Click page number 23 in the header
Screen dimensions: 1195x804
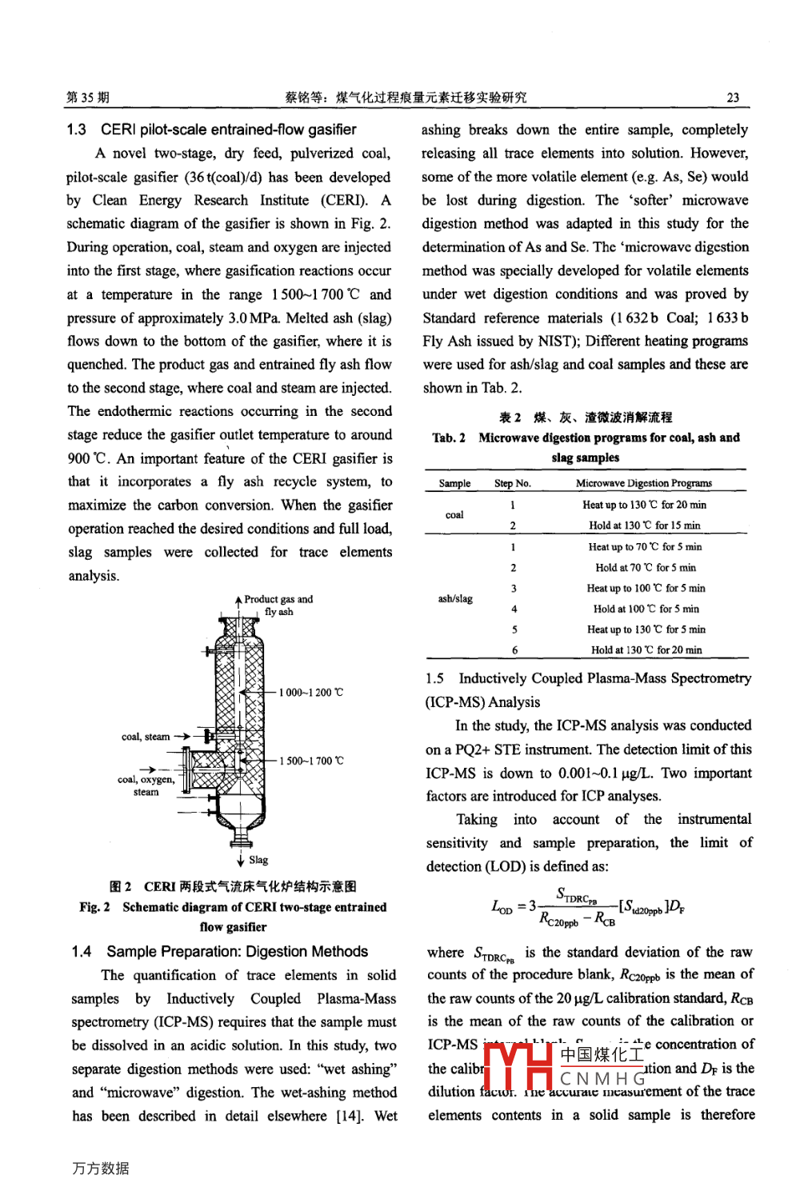click(732, 98)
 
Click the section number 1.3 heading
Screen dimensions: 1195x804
click(77, 130)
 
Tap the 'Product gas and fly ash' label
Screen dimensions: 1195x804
click(278, 605)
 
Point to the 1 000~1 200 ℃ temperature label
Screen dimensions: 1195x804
click(311, 692)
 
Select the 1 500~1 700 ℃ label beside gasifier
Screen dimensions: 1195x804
click(311, 761)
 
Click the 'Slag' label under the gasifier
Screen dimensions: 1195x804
click(258, 860)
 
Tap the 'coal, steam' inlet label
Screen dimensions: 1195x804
click(145, 737)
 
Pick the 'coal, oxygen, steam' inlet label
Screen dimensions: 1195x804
click(146, 785)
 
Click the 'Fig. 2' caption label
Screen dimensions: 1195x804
click(94, 907)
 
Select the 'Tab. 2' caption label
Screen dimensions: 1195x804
click(449, 438)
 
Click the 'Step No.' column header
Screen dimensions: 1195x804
click(512, 483)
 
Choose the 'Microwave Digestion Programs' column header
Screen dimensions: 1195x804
click(643, 483)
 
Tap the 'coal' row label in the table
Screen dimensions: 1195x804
click(454, 515)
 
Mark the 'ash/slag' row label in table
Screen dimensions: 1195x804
click(455, 598)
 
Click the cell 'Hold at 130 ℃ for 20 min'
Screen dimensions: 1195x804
click(646, 650)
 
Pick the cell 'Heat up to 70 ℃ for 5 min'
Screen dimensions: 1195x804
click(645, 547)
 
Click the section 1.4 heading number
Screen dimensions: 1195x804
click(82, 952)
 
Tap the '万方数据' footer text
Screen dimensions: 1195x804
click(101, 1168)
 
